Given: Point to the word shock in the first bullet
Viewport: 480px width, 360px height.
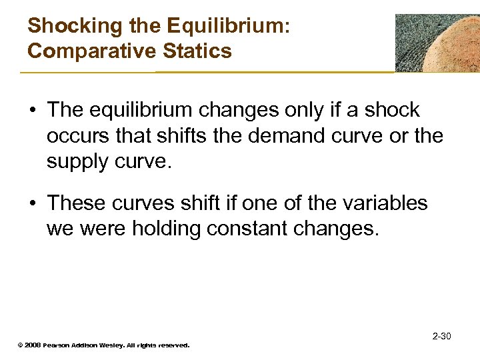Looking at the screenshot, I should point(391,110).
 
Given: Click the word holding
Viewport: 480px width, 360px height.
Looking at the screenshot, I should point(166,229).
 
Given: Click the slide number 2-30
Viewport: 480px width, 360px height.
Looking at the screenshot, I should point(441,335).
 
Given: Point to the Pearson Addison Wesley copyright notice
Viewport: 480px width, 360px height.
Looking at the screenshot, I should point(103,345).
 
